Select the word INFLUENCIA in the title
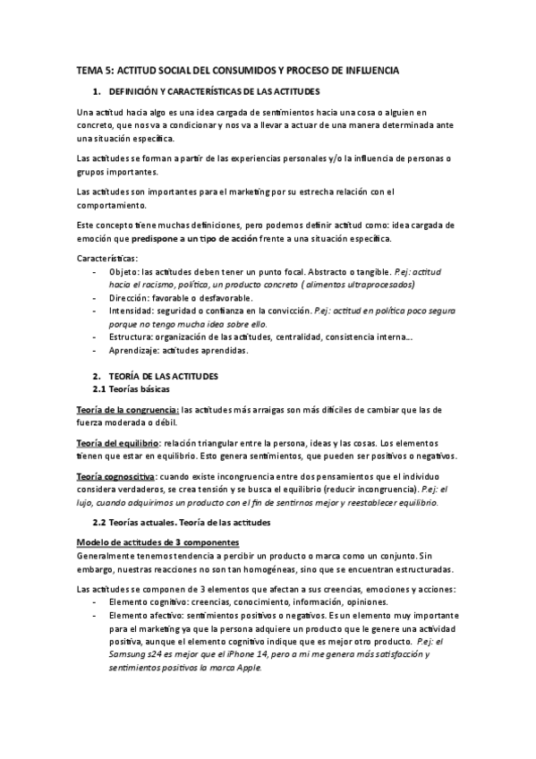click(x=369, y=69)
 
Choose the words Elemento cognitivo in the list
click(x=146, y=602)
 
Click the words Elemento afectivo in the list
click(x=144, y=616)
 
